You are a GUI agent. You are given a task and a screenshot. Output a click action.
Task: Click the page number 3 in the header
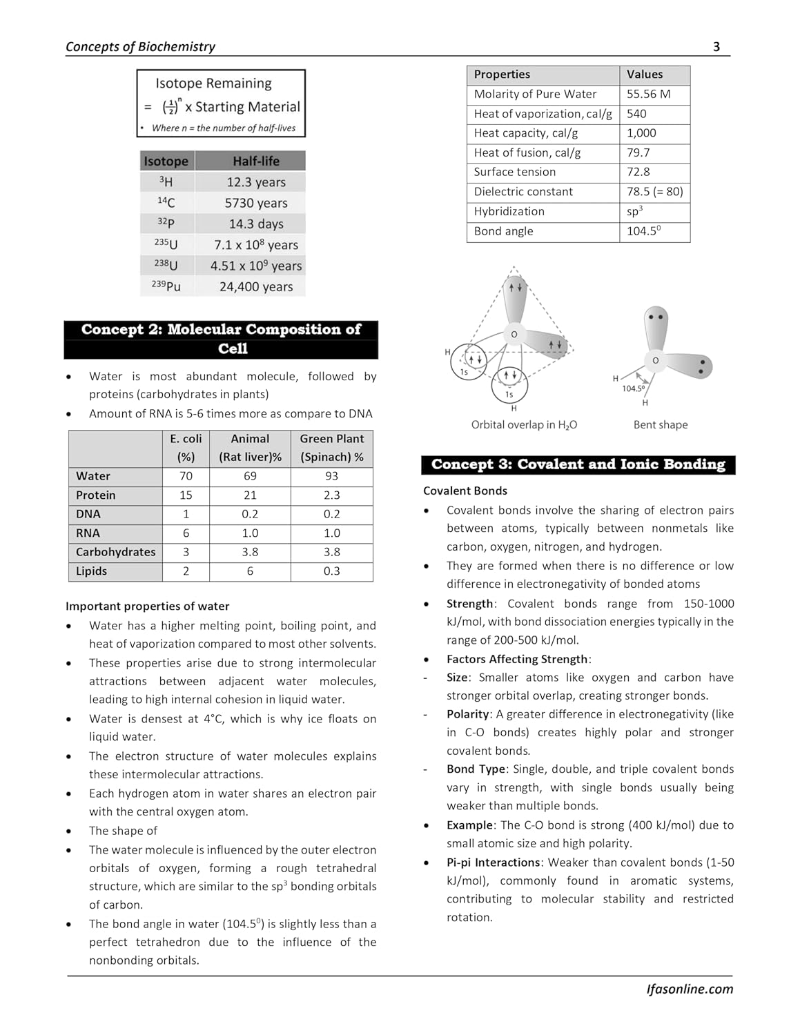[716, 47]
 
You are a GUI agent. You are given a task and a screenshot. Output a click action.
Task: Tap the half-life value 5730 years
[256, 203]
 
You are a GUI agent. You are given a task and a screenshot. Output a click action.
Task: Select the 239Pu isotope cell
[166, 286]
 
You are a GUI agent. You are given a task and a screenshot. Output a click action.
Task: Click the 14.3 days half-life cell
[256, 224]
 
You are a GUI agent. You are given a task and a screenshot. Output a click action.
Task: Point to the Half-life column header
[256, 161]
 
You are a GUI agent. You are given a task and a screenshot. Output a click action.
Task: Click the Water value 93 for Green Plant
[331, 476]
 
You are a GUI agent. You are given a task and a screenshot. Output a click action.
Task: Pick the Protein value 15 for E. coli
[186, 495]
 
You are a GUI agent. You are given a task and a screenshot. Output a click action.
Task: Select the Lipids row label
[92, 571]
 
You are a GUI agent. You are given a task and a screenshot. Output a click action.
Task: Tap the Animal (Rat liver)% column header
[250, 448]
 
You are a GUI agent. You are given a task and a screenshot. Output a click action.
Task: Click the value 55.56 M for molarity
[648, 95]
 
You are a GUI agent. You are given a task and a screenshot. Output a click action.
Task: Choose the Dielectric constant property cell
[523, 192]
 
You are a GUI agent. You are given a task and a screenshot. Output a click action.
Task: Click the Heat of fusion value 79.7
[638, 152]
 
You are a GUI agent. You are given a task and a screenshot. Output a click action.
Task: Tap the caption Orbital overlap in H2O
[524, 425]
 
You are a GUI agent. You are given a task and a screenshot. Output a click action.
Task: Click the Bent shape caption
[661, 425]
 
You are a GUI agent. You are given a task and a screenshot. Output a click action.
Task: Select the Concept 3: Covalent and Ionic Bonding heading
[578, 465]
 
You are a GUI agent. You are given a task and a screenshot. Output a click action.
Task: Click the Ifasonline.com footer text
[690, 989]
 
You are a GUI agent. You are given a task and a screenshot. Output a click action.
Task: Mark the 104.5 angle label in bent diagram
[633, 388]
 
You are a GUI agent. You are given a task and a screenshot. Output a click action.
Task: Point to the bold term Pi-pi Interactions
[493, 862]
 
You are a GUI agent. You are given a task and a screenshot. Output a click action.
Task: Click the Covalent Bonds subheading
[465, 491]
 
